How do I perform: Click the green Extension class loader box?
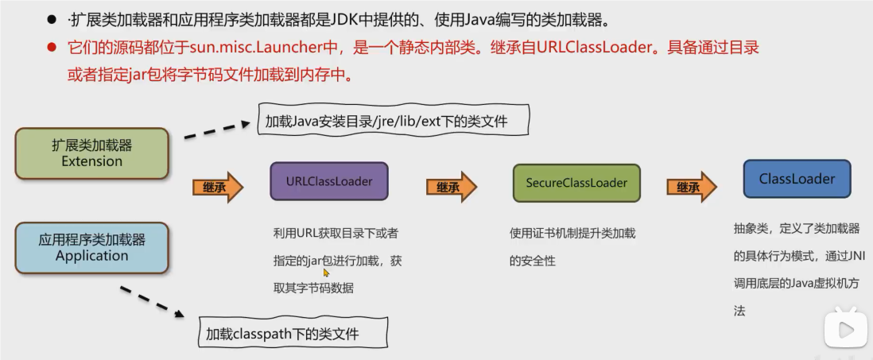[92, 153]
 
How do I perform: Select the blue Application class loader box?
[91, 247]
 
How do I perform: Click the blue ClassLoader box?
[797, 179]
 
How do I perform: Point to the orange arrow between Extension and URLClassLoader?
[217, 187]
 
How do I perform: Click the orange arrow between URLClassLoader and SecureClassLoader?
[451, 187]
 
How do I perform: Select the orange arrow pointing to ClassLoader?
[691, 188]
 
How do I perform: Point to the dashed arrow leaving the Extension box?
[216, 130]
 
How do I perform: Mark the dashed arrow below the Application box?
[154, 302]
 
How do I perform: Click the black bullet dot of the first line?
[52, 18]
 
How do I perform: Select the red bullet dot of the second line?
[52, 47]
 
